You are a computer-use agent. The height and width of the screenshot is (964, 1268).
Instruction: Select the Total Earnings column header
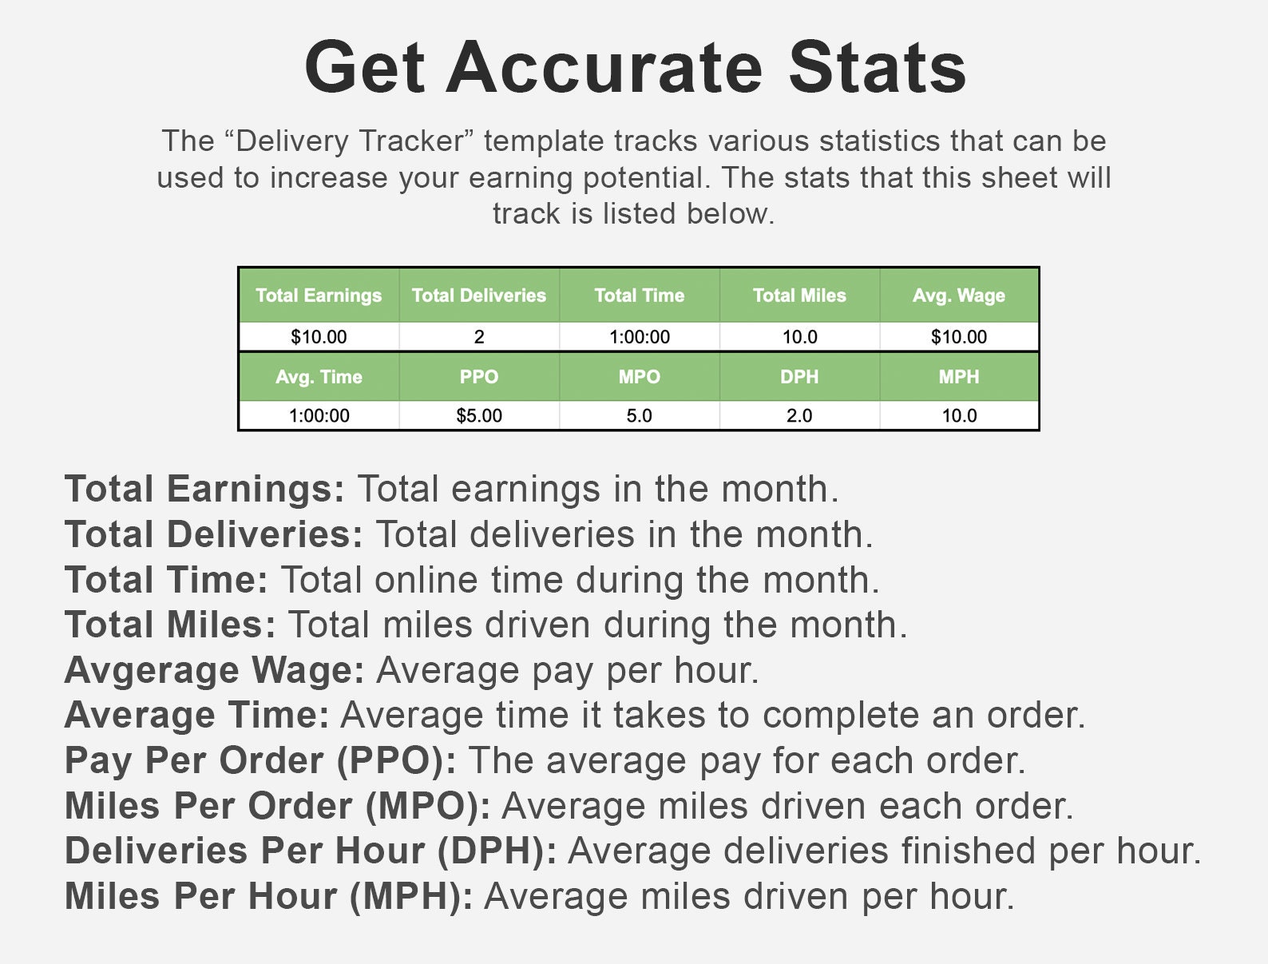point(319,296)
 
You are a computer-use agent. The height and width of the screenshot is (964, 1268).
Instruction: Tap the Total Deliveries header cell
point(479,296)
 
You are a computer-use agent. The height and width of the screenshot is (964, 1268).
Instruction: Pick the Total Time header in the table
point(640,296)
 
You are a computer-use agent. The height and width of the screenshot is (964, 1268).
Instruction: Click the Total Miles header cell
point(799,296)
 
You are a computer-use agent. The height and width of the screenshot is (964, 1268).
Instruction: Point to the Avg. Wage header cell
point(959,296)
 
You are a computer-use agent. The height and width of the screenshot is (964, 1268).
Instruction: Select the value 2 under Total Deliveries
point(479,337)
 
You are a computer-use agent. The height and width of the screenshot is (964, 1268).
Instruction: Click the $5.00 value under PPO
point(479,415)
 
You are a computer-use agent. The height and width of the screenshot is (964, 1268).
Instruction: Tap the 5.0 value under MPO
point(640,415)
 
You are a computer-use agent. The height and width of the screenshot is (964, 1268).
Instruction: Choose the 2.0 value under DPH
point(799,415)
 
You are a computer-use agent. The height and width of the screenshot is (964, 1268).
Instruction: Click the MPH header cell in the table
point(959,377)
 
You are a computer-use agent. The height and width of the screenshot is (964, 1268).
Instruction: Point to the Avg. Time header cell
point(319,377)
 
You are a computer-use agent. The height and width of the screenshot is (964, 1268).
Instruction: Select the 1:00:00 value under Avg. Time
point(319,415)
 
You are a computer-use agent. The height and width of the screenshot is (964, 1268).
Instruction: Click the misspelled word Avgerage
point(152,671)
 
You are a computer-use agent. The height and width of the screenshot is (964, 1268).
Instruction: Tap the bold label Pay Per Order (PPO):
point(260,760)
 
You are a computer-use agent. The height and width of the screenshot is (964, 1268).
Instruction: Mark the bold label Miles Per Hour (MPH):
point(268,896)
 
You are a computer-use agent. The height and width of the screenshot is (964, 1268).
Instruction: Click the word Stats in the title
point(877,67)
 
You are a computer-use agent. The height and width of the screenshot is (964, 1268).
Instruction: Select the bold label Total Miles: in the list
point(170,625)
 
